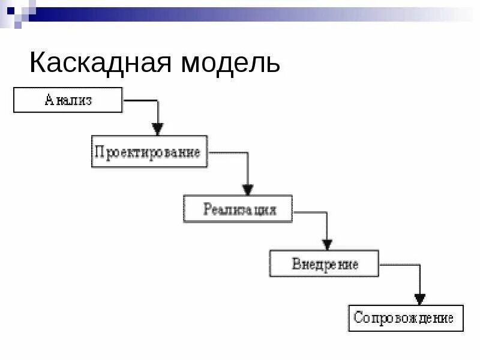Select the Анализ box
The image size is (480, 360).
tap(68, 100)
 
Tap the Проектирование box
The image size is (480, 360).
tap(149, 152)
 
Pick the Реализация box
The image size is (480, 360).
tap(238, 209)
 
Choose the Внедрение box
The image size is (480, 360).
tap(324, 263)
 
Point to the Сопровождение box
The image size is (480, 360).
tap(406, 318)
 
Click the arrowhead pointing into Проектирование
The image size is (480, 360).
tap(157, 128)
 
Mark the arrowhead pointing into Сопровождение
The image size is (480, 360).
tap(420, 298)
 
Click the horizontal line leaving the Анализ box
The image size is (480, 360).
tap(139, 101)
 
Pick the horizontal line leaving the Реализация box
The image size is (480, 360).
tap(310, 212)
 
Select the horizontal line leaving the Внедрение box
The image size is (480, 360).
tap(399, 264)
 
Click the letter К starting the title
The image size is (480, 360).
tap(38, 63)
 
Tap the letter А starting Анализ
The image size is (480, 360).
tap(49, 100)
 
